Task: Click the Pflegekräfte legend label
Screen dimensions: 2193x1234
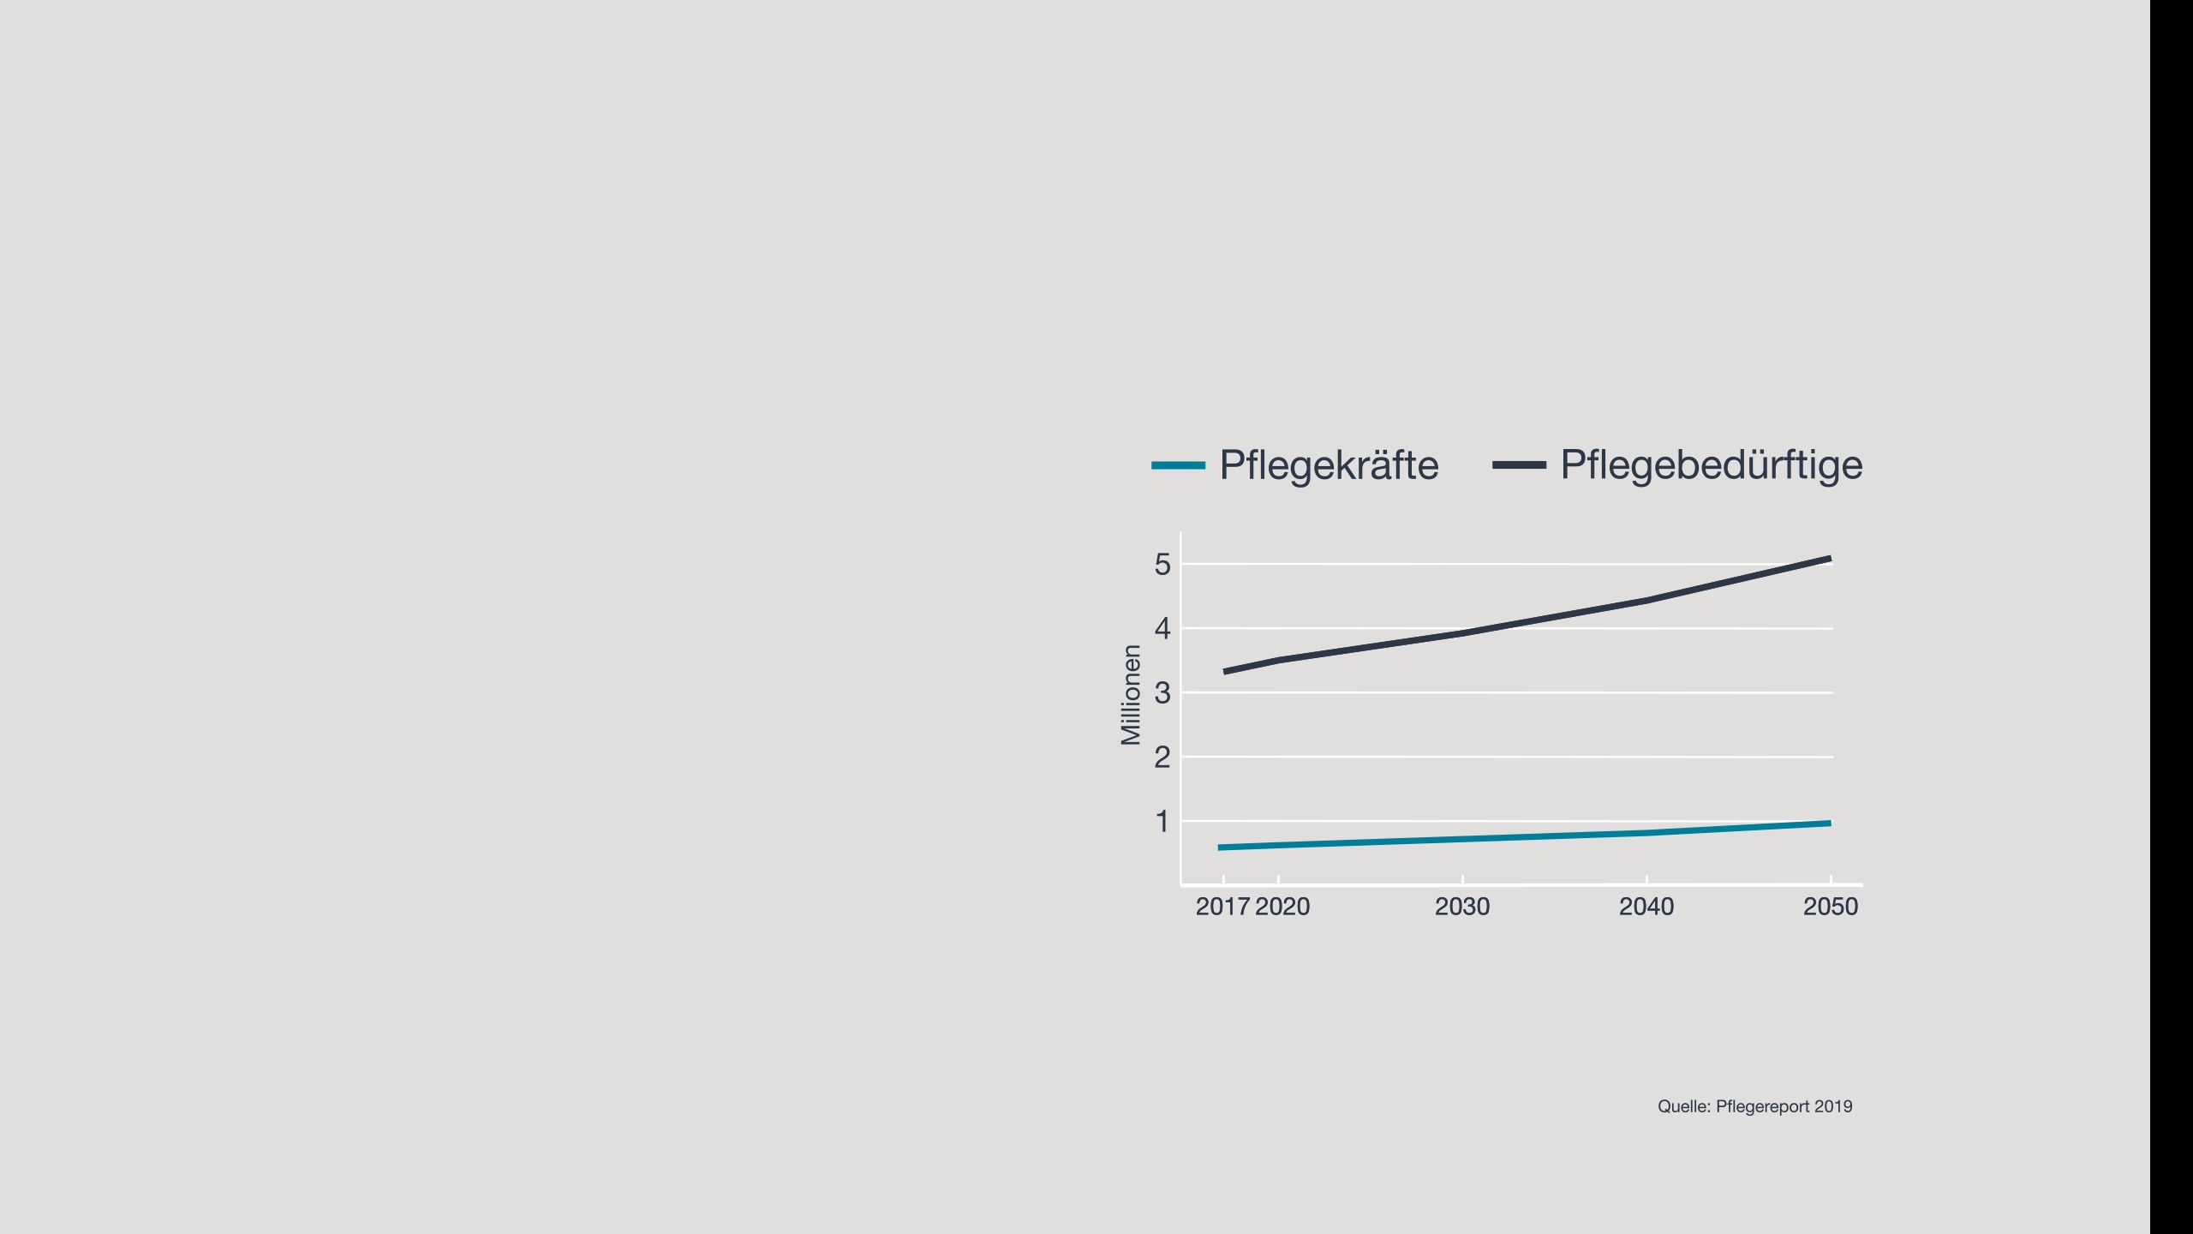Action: coord(1329,465)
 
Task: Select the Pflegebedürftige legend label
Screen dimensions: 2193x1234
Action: coord(1712,465)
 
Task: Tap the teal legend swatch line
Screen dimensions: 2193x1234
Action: coord(1178,465)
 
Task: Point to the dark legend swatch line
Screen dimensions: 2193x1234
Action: coord(1519,465)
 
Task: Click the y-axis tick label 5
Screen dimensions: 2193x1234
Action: coord(1162,564)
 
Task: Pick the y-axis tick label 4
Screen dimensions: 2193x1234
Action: coord(1162,628)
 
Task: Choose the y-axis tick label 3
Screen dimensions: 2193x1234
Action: coord(1162,692)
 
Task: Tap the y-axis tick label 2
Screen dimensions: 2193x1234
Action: coord(1162,757)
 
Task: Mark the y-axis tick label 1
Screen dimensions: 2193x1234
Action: coord(1162,821)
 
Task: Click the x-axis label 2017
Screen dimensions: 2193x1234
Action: coord(1222,907)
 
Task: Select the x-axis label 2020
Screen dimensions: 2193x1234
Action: coord(1282,907)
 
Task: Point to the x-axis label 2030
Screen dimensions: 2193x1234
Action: coord(1462,907)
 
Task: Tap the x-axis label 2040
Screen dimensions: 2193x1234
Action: coord(1646,907)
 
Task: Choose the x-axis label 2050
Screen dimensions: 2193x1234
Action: coord(1831,907)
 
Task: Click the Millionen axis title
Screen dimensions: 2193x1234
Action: coord(1131,695)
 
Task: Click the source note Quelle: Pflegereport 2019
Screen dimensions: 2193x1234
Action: coord(1755,1106)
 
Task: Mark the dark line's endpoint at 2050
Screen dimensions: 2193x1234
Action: coord(1830,559)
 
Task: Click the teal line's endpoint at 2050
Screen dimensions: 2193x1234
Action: coord(1830,824)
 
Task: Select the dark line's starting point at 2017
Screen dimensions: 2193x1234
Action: coord(1224,672)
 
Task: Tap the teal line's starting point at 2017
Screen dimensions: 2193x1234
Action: coord(1219,848)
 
